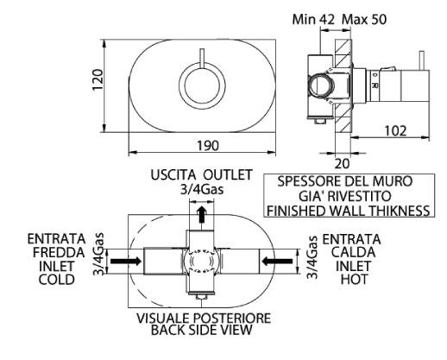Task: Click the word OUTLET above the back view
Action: [x=225, y=173]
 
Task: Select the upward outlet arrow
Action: [x=201, y=213]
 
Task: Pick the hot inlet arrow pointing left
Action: [x=277, y=258]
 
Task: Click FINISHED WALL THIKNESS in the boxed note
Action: [x=349, y=210]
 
